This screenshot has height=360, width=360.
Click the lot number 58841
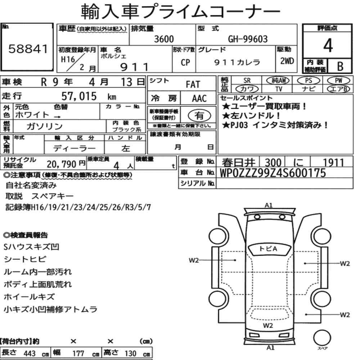[x=28, y=49]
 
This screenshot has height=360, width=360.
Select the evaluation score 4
[x=328, y=45]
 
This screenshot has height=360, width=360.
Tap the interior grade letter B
[x=340, y=66]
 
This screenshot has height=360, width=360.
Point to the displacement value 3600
[x=164, y=39]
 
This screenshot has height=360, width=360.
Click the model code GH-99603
[x=248, y=39]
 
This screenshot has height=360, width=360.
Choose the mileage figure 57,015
[x=79, y=96]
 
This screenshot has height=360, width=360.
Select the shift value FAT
[x=193, y=85]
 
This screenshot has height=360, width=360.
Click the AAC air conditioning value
[x=199, y=99]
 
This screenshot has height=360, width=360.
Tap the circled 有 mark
[x=199, y=116]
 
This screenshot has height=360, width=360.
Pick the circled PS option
[x=309, y=81]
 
